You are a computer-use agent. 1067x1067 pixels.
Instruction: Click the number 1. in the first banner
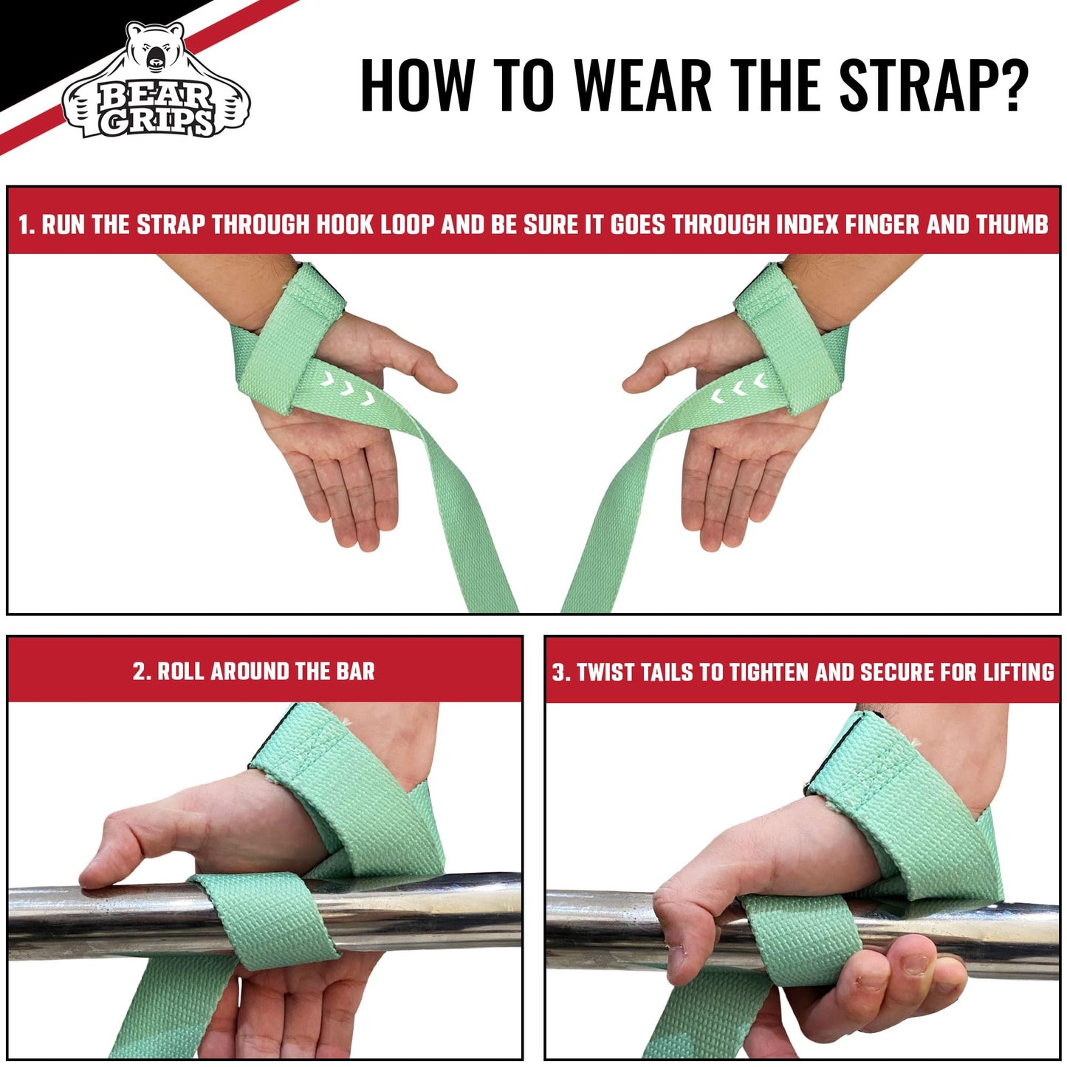pyautogui.click(x=27, y=224)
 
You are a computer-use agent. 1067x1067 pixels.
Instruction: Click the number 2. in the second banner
pyautogui.click(x=142, y=671)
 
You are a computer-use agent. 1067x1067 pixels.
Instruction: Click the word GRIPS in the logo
pyautogui.click(x=157, y=121)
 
